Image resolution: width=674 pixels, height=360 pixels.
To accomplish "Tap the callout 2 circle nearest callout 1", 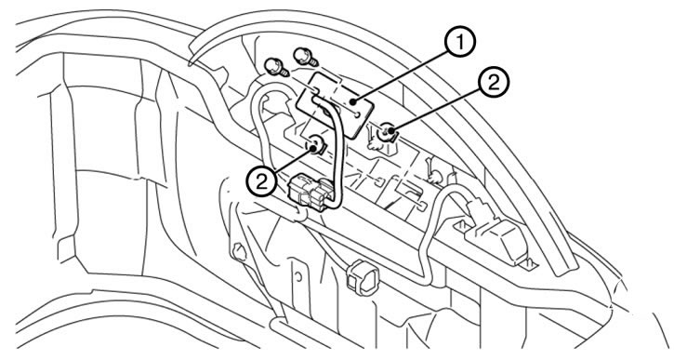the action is [494, 84].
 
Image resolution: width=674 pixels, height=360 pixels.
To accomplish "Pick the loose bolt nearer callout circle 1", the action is [305, 57].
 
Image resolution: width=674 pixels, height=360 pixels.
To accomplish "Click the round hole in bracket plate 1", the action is [359, 115].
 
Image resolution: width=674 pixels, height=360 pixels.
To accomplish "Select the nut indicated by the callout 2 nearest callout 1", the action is [388, 132].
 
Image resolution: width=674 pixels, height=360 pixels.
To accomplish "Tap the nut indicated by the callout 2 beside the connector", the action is [317, 144].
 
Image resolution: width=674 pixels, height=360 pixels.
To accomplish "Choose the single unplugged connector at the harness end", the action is [363, 277].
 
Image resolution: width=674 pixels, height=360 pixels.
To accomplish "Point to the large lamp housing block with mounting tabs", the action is [498, 239].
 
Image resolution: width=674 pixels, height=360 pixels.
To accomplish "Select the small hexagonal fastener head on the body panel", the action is [238, 251].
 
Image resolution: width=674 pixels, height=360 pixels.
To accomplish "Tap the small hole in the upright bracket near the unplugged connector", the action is [297, 276].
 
